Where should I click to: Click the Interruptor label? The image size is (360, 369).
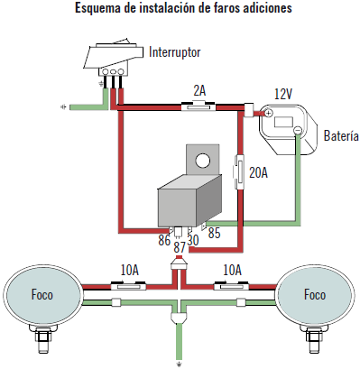point(174,52)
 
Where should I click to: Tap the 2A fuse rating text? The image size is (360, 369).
point(199,90)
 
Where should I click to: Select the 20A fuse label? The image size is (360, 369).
point(258,172)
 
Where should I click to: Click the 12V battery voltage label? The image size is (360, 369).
point(283,94)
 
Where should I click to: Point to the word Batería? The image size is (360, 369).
point(341,135)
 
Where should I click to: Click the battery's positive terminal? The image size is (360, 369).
point(269,113)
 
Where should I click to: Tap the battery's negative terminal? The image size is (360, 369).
point(298,130)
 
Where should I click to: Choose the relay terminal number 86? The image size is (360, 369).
point(164,240)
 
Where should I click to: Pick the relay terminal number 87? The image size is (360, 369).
point(180,247)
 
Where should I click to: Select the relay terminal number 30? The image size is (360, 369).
point(193,240)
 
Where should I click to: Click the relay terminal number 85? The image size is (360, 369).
point(214,233)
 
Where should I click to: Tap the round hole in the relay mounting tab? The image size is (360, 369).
point(202,161)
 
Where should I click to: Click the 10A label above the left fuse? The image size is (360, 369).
point(130,271)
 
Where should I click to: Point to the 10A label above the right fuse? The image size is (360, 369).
point(232,271)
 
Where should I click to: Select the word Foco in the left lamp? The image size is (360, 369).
point(42,294)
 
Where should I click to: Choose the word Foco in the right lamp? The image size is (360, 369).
point(315,294)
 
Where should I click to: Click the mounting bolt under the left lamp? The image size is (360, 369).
point(44,339)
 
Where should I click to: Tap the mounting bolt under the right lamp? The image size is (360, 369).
point(315,339)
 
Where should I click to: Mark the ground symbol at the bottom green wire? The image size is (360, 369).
point(180,364)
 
